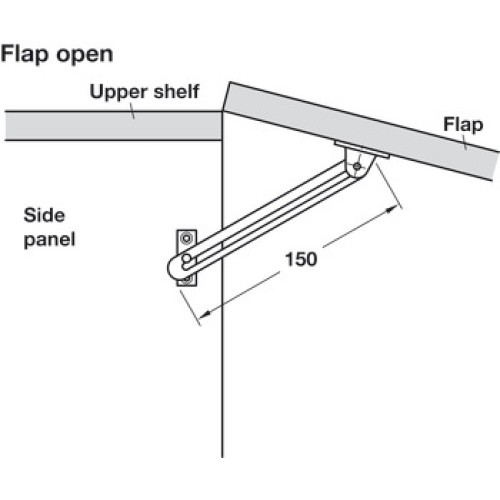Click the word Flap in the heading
[x=25, y=55]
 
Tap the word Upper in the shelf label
[x=118, y=93]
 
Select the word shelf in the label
[x=176, y=91]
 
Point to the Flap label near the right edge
[x=463, y=126]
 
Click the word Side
[x=44, y=215]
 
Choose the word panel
[x=50, y=240]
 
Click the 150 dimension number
[x=301, y=259]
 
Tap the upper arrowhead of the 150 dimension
[x=391, y=209]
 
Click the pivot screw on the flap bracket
[x=357, y=166]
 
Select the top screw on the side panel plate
[x=186, y=239]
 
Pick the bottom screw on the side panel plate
[x=187, y=279]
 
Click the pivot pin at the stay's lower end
[x=187, y=258]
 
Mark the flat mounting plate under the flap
[x=362, y=150]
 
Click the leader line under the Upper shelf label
[x=132, y=111]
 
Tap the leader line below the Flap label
[x=464, y=142]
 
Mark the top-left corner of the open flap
[x=230, y=82]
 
